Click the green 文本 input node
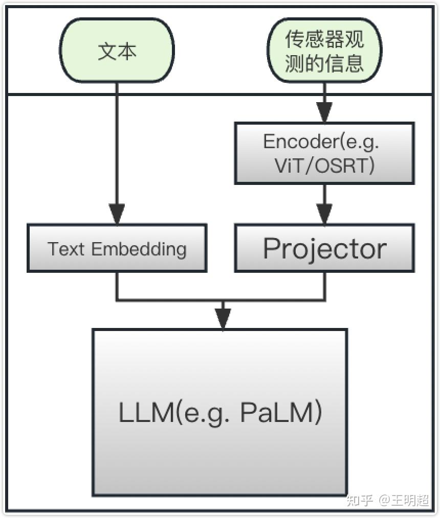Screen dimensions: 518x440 pyautogui.click(x=117, y=51)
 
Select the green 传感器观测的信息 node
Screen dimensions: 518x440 pyautogui.click(x=324, y=51)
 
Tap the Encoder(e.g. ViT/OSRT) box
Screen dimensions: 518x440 pyautogui.click(x=324, y=153)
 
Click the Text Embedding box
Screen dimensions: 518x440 pyautogui.click(x=117, y=248)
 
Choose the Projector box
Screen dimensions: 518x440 pyautogui.click(x=324, y=248)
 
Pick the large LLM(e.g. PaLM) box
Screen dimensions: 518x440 pyautogui.click(x=220, y=412)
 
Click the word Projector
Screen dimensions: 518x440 pyautogui.click(x=324, y=249)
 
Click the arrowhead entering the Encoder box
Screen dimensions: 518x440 pyautogui.click(x=324, y=112)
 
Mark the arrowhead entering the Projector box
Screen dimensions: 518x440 pyautogui.click(x=324, y=214)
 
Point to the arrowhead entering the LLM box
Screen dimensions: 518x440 pyautogui.click(x=223, y=319)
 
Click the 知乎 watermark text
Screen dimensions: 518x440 pyautogui.click(x=360, y=500)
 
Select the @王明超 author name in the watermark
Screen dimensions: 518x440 pyautogui.click(x=404, y=500)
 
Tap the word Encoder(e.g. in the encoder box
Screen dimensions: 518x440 pyautogui.click(x=321, y=142)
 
